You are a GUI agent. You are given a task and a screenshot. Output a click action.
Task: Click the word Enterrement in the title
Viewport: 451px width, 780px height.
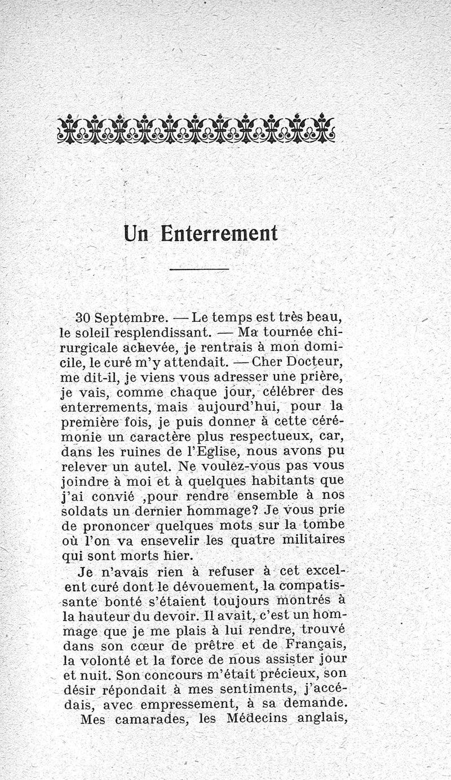(x=219, y=234)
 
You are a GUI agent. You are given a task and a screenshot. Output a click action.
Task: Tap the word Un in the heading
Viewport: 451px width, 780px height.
(x=136, y=234)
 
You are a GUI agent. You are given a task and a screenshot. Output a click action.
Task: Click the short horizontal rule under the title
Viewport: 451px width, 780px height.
(x=199, y=269)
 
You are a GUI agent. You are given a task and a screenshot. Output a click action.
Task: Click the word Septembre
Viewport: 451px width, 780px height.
(x=123, y=317)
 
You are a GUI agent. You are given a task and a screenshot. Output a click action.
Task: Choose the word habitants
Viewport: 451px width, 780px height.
(x=285, y=481)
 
